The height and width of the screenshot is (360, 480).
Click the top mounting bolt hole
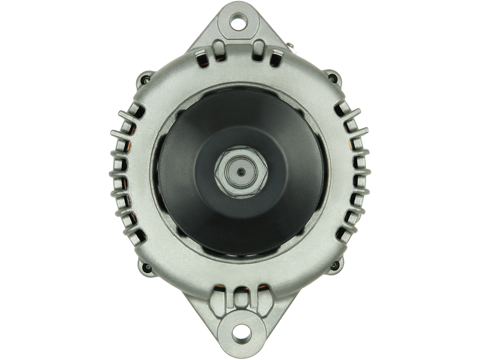coord(239,24)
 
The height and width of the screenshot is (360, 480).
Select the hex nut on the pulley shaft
coord(239,172)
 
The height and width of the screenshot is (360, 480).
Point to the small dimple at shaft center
coord(239,172)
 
